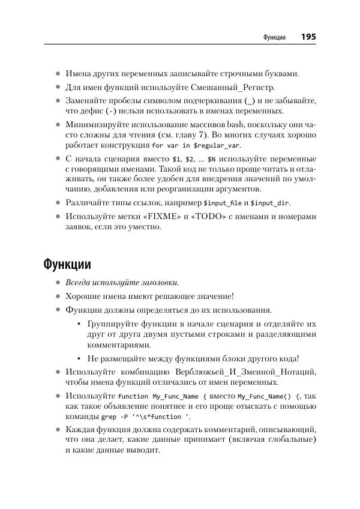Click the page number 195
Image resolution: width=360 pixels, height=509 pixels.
pyautogui.click(x=308, y=37)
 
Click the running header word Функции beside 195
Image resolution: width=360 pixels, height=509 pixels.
pyautogui.click(x=274, y=38)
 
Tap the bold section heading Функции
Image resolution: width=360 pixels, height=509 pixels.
pyautogui.click(x=67, y=264)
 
